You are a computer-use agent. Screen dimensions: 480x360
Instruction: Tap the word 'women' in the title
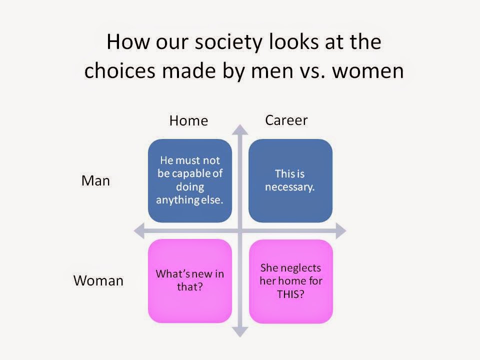[368, 71]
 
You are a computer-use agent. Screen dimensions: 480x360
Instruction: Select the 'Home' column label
[188, 120]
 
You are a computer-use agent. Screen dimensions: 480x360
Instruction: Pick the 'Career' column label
[286, 120]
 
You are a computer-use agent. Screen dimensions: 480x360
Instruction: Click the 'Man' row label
[95, 180]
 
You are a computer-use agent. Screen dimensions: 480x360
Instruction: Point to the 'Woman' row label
[98, 280]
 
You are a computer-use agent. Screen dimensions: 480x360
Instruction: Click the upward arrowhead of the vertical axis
[240, 129]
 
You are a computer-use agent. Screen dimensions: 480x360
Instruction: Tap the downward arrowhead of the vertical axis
[240, 332]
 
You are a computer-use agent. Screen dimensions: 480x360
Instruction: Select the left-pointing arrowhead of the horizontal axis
[139, 231]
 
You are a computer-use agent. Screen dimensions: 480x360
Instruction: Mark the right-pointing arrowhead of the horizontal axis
[341, 231]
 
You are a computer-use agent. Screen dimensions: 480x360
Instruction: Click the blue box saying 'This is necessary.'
[290, 180]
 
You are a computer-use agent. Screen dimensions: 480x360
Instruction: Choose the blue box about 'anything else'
[190, 180]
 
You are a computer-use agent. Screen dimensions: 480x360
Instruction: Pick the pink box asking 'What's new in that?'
[190, 281]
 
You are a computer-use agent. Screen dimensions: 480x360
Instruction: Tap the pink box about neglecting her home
[291, 281]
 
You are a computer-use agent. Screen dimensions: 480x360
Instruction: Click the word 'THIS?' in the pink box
[290, 294]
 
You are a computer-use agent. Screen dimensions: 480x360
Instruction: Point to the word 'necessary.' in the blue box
[289, 187]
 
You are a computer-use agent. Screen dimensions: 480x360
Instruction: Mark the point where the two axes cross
[240, 231]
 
